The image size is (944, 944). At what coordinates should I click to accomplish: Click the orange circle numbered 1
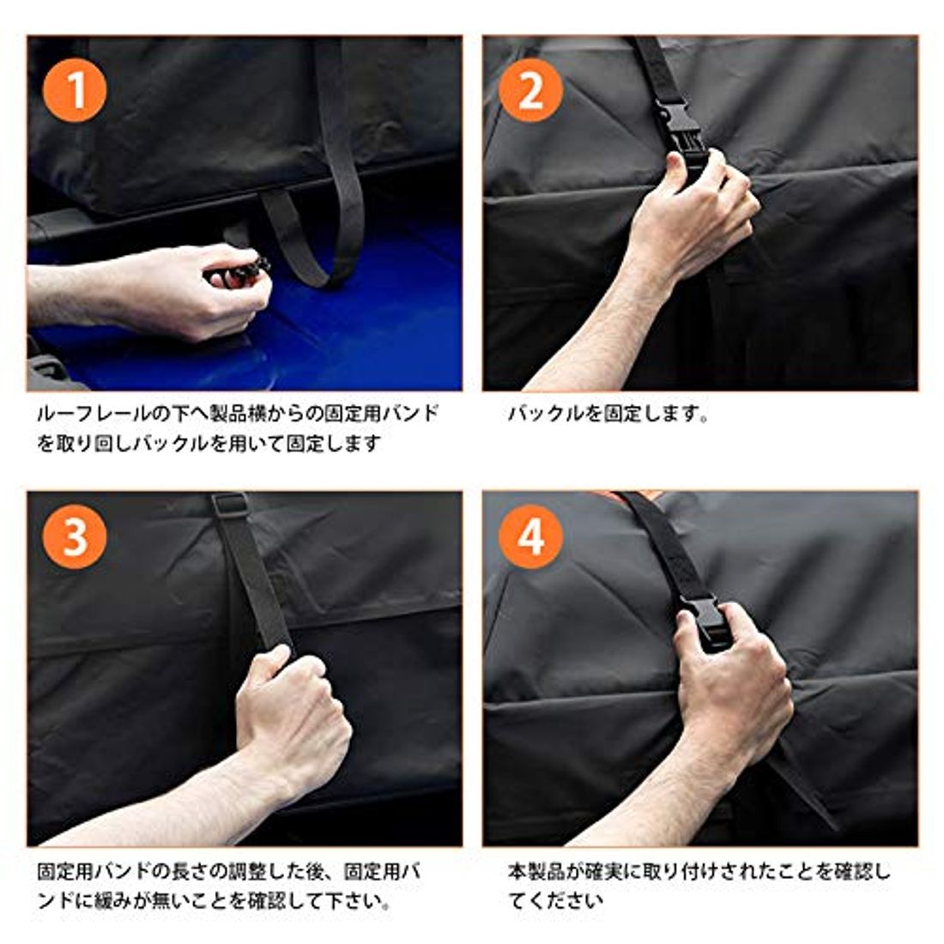75,90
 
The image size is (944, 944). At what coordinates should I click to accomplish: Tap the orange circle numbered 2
530,90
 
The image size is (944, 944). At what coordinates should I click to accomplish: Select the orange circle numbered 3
75,536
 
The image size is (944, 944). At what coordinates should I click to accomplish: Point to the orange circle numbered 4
530,536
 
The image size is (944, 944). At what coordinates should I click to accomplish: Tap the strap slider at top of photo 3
230,505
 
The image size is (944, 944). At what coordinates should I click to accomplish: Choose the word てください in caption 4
556,901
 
